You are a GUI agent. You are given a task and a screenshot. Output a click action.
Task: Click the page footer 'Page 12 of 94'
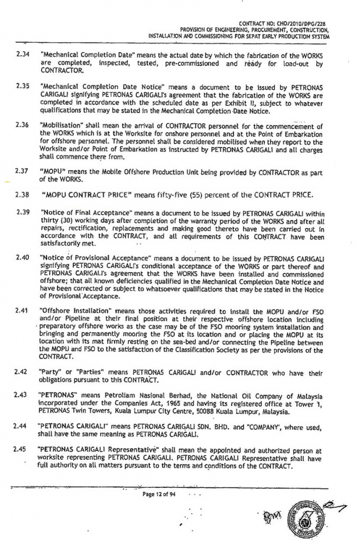click(157, 494)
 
